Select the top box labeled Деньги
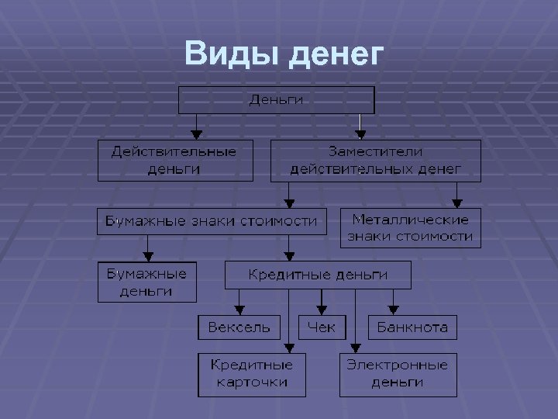[277, 99]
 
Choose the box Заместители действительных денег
[375, 159]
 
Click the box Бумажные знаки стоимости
[212, 221]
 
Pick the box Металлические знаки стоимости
[410, 227]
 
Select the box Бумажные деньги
[146, 282]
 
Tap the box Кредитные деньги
[318, 275]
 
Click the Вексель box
[239, 327]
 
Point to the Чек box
[322, 327]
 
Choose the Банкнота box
[412, 327]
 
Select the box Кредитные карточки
[252, 374]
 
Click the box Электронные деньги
[397, 374]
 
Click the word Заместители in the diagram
[375, 151]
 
